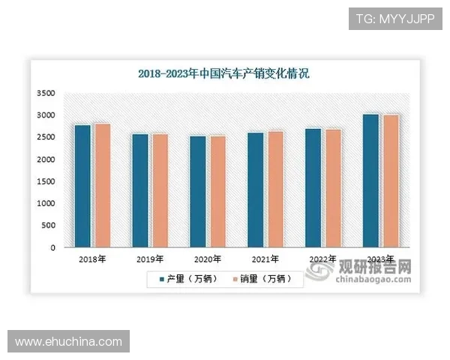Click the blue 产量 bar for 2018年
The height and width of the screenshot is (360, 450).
pyautogui.click(x=82, y=186)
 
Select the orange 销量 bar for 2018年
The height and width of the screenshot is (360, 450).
pyautogui.click(x=102, y=185)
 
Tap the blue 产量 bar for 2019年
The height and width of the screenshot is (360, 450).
pyautogui.click(x=140, y=190)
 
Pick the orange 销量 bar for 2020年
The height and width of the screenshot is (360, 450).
pyautogui.click(x=217, y=191)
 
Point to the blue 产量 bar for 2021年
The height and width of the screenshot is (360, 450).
pyautogui.click(x=256, y=190)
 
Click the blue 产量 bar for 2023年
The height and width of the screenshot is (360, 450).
pyautogui.click(x=371, y=181)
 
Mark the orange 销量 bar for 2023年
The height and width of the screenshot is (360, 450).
pyautogui.click(x=391, y=181)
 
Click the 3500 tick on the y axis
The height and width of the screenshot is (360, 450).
pyautogui.click(x=46, y=94)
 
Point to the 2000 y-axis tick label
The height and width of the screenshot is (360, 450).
pyautogui.click(x=46, y=160)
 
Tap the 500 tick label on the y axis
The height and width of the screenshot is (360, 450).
pyautogui.click(x=49, y=226)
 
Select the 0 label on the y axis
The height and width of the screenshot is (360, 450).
pyautogui.click(x=53, y=247)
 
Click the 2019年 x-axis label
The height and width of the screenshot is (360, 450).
pyautogui.click(x=150, y=259)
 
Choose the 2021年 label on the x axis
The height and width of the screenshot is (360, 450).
pyautogui.click(x=266, y=259)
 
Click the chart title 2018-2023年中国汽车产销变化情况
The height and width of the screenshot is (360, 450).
pyautogui.click(x=224, y=73)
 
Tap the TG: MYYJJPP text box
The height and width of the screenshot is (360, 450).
pyautogui.click(x=395, y=18)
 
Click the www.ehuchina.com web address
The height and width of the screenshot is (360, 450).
pyautogui.click(x=68, y=342)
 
